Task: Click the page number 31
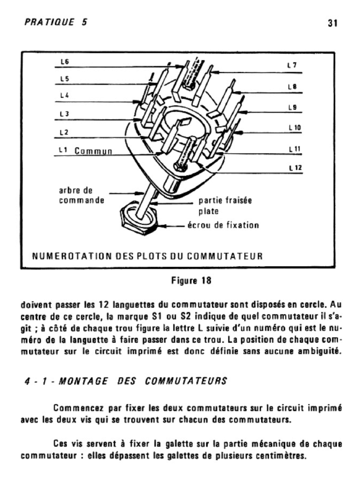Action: (332, 23)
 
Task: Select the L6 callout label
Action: (64, 61)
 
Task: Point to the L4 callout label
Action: (64, 96)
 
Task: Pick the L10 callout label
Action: (294, 128)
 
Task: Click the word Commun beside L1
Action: (94, 151)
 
